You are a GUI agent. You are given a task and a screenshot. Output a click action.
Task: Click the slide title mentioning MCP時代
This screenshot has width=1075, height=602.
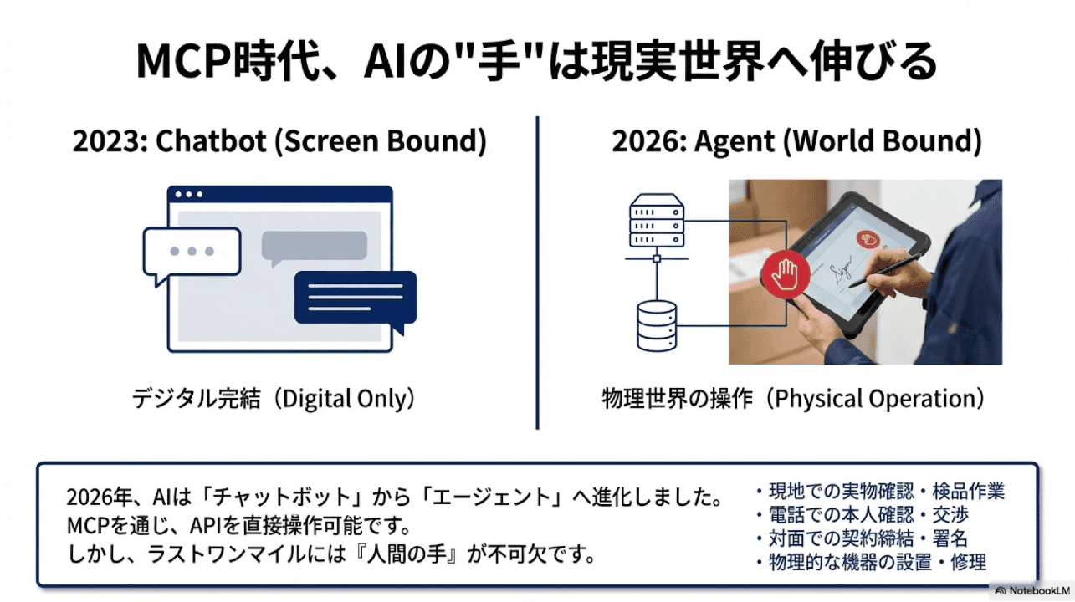coord(536,63)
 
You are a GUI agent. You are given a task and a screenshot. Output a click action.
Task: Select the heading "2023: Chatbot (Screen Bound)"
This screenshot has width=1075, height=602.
coord(279,141)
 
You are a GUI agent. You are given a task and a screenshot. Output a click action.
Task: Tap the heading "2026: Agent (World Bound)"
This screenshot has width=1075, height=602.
coord(796,141)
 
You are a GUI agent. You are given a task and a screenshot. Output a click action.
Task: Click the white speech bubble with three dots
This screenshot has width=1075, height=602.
coord(192,251)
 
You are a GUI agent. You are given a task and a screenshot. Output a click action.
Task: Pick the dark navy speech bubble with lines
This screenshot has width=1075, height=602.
coord(355,298)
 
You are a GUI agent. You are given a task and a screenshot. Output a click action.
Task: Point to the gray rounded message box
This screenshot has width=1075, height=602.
coord(314,245)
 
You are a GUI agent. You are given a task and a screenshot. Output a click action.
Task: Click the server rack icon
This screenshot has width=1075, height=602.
coord(656,221)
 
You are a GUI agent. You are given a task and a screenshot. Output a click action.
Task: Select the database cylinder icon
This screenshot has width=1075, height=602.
coord(657,326)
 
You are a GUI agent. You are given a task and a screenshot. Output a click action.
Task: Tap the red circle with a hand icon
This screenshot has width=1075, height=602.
coord(785,273)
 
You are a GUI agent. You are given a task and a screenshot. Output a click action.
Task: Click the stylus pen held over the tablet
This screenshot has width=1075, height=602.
coord(878,273)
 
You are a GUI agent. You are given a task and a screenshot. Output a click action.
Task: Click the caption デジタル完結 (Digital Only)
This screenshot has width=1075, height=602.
coord(274,399)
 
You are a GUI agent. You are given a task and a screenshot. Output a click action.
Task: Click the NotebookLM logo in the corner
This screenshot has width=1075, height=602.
coord(1031,591)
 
